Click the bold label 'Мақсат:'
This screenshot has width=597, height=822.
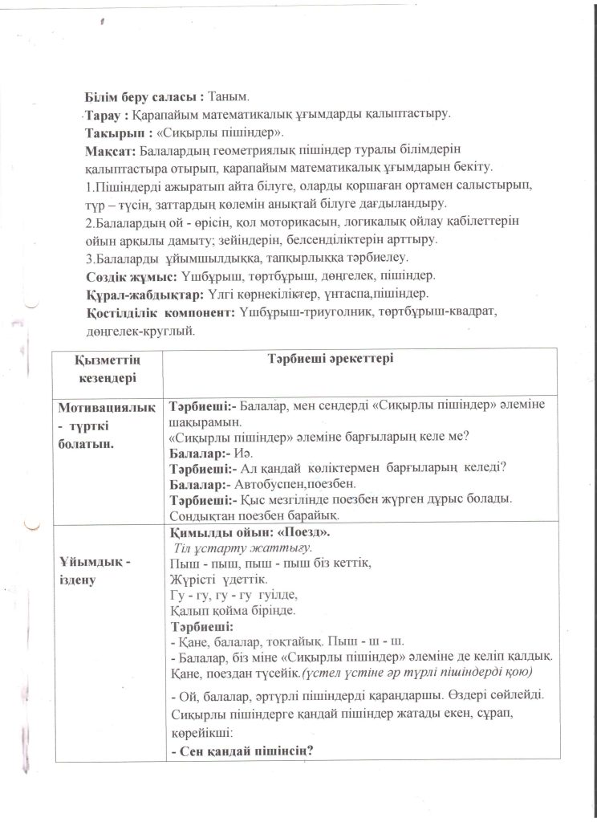[x=111, y=150]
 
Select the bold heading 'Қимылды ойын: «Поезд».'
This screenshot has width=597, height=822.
[x=250, y=532]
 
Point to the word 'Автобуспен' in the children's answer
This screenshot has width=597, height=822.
[x=270, y=485]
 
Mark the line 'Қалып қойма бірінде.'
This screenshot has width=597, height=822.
[x=225, y=610]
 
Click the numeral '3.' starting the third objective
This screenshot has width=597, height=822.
[x=90, y=258]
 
